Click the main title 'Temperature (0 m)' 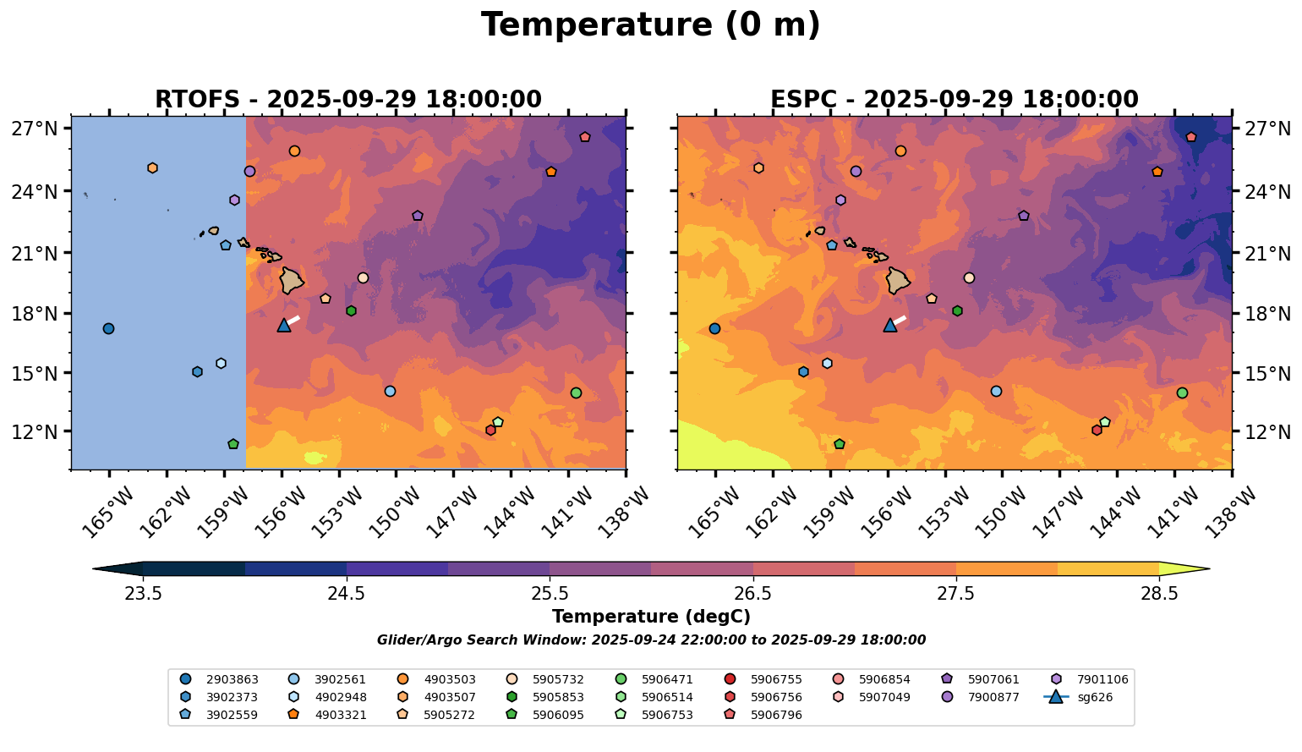click(650, 25)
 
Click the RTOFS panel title click(347, 100)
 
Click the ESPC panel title click(954, 100)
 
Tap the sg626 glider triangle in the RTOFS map click(284, 326)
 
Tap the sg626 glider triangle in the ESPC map click(890, 326)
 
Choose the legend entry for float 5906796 click(776, 716)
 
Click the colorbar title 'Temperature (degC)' click(650, 617)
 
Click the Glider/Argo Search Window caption click(650, 640)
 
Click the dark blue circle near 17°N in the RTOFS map click(108, 329)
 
